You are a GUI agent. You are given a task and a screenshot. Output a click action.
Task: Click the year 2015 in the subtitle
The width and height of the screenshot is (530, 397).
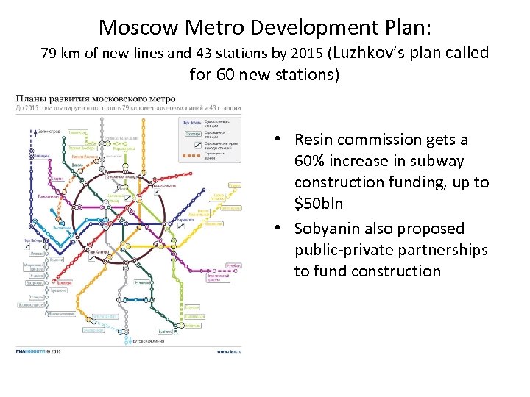[x=305, y=54]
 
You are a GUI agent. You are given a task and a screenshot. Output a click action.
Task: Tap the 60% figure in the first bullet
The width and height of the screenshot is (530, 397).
[x=310, y=161]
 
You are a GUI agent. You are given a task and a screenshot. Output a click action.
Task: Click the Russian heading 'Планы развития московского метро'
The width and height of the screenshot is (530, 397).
[x=96, y=98]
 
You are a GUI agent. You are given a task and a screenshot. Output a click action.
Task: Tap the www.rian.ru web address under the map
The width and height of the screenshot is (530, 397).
[x=228, y=351]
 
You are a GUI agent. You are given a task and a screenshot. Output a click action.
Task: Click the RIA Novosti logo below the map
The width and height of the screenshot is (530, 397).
[x=31, y=351]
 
